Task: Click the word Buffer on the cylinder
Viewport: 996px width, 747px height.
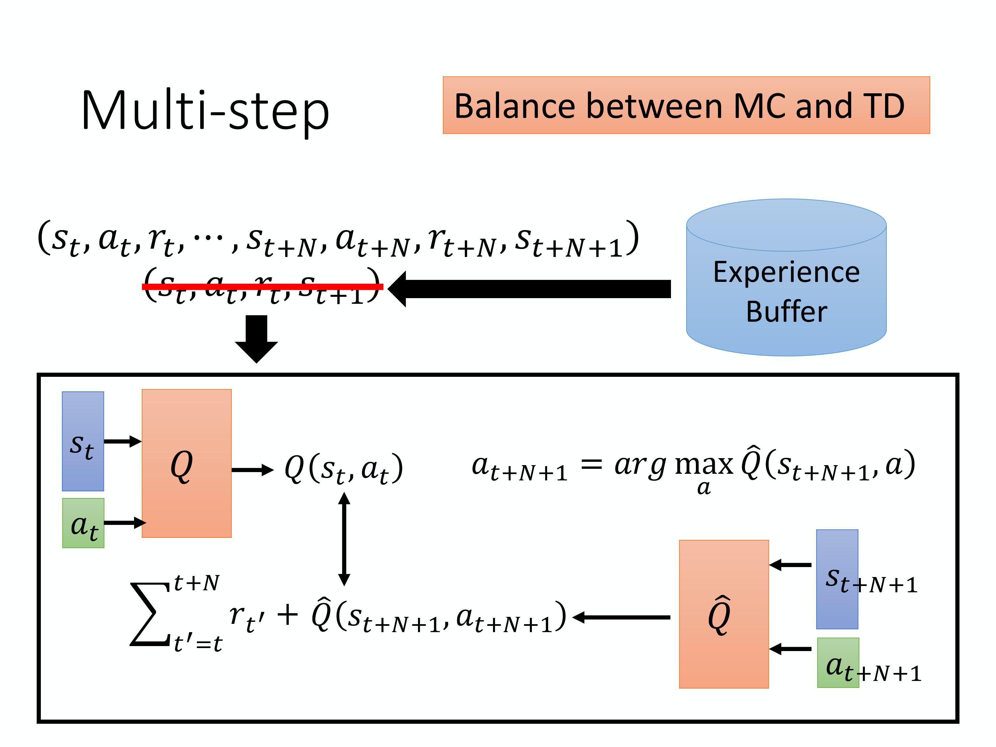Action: tap(786, 312)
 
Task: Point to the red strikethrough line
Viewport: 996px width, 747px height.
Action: tap(263, 287)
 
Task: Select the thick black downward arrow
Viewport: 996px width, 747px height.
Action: tap(257, 338)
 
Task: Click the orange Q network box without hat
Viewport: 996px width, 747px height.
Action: tap(186, 463)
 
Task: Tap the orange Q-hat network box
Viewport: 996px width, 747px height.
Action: tap(723, 614)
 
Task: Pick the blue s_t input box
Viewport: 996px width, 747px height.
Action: tap(83, 441)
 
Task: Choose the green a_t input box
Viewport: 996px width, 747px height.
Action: tap(83, 523)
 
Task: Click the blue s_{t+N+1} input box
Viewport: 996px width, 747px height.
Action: tap(837, 579)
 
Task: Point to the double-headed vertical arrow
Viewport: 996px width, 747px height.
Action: tap(344, 539)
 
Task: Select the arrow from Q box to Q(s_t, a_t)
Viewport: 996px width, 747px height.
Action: tap(252, 470)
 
